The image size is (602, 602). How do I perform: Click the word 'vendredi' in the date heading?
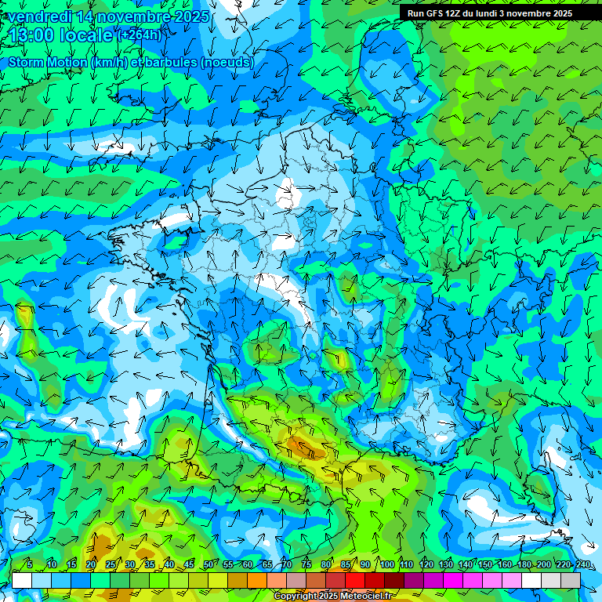click(x=38, y=16)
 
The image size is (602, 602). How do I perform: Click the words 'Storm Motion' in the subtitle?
click(x=47, y=62)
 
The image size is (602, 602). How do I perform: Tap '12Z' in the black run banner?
click(x=458, y=13)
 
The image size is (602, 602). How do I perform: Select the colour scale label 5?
click(x=30, y=564)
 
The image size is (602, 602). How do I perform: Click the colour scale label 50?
click(x=208, y=564)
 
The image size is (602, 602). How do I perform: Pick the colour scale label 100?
click(x=386, y=564)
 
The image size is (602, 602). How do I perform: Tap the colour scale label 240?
click(x=583, y=564)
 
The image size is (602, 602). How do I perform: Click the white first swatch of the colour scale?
click(x=22, y=580)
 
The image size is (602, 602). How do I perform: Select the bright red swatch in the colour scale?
click(x=356, y=580)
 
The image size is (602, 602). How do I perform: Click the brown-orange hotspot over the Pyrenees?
click(x=304, y=448)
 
